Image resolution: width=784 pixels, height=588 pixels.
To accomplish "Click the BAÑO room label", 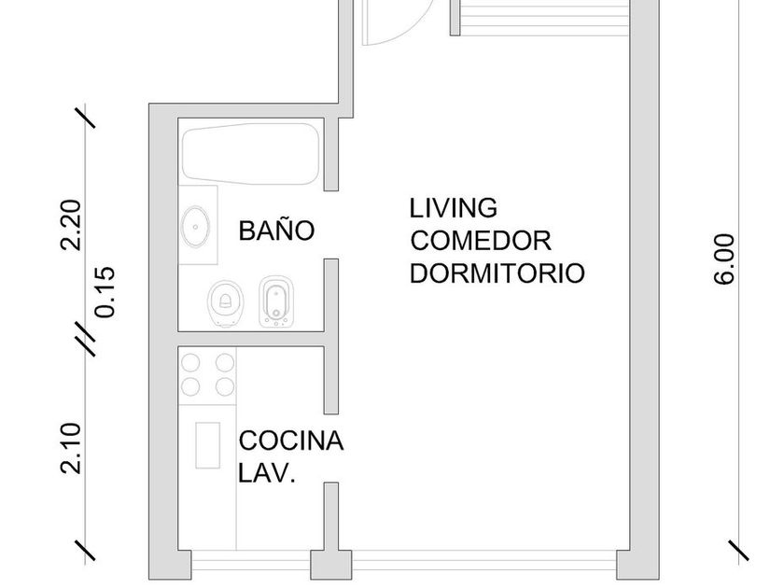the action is click(276, 230).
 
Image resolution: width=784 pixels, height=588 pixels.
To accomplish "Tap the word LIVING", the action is click(454, 208).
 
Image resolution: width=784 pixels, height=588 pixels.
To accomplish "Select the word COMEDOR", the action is click(481, 241).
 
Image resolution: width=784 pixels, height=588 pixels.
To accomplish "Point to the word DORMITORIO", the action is click(497, 273).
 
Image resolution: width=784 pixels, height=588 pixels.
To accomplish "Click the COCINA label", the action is click(291, 441).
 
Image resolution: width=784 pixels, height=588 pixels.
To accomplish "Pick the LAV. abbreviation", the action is click(267, 472).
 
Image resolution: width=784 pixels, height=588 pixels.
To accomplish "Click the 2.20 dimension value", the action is click(70, 225).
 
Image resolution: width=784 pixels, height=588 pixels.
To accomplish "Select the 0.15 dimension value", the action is click(105, 292).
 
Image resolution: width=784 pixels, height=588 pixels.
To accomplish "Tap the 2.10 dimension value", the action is click(70, 448).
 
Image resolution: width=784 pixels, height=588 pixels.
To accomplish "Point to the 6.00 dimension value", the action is click(724, 259).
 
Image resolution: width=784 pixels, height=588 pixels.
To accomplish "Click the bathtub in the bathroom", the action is click(250, 153).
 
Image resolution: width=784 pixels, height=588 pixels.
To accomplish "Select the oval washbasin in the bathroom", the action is click(195, 227).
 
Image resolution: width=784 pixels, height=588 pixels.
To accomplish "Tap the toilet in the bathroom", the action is click(226, 303).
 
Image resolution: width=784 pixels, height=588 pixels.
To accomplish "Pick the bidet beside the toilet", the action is click(276, 301).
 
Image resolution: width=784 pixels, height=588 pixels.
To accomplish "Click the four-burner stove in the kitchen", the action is click(207, 375).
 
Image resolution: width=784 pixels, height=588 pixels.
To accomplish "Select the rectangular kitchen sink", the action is click(207, 445).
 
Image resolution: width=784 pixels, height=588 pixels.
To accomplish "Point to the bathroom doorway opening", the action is click(331, 225).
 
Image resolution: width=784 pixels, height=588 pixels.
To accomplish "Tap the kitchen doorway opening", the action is click(331, 448).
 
